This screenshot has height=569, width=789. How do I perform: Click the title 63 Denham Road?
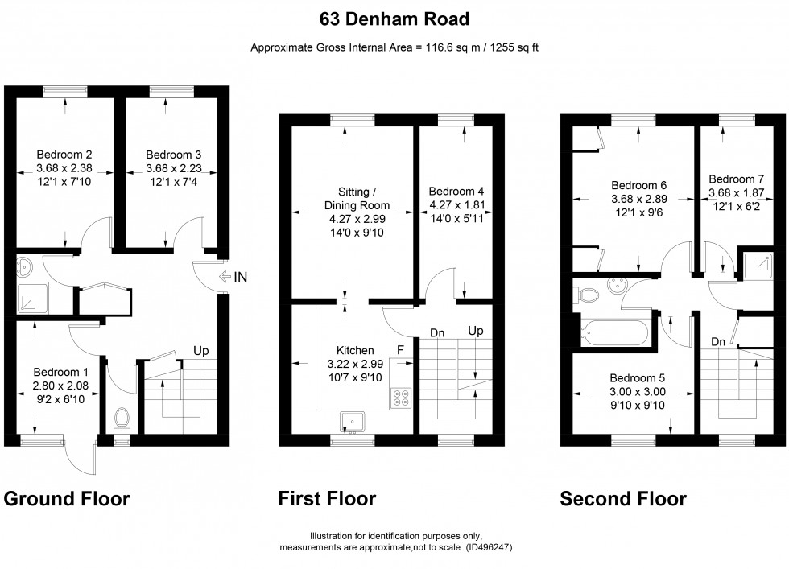pyautogui.click(x=394, y=18)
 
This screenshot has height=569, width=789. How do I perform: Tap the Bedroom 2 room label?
pyautogui.click(x=64, y=155)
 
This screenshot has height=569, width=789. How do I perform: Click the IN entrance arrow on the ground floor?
pyautogui.click(x=231, y=278)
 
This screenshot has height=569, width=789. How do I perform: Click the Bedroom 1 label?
pyautogui.click(x=60, y=372)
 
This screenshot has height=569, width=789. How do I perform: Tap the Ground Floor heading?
pyautogui.click(x=67, y=499)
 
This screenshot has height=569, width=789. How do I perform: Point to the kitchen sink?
pyautogui.click(x=353, y=419)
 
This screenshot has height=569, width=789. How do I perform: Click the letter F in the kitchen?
pyautogui.click(x=399, y=350)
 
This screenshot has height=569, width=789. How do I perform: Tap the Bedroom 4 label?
pyautogui.click(x=456, y=192)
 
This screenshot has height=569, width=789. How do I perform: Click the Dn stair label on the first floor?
pyautogui.click(x=437, y=332)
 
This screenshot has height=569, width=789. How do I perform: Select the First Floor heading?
pyautogui.click(x=327, y=499)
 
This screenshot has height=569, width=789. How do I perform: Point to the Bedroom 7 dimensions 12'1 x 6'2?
pyautogui.click(x=736, y=206)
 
